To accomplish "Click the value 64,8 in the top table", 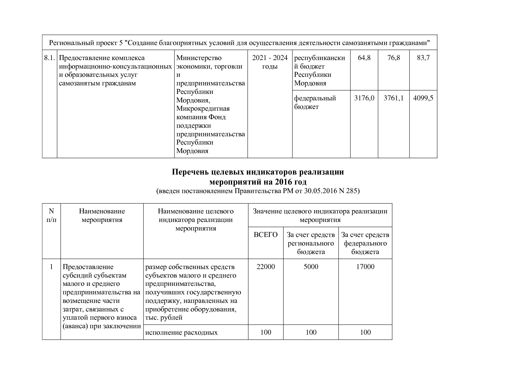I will tap(364, 58).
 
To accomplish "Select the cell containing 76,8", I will tap(394, 58).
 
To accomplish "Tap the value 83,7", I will tap(423, 58).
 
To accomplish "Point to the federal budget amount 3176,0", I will tap(364, 98).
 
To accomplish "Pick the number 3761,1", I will tap(394, 98).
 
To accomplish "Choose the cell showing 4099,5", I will tap(423, 98).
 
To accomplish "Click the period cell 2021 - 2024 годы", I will tap(270, 62).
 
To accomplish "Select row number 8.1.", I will tap(49, 58).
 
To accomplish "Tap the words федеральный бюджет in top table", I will tap(315, 102).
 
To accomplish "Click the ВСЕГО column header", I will tap(266, 235).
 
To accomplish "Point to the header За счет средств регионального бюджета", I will tap(311, 243).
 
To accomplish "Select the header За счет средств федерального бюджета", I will tap(365, 243).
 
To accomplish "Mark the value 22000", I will tap(266, 267).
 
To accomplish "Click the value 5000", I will tap(311, 267).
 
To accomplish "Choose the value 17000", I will tap(365, 267).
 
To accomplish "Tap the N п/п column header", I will tap(51, 215).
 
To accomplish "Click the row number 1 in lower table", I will tap(51, 267).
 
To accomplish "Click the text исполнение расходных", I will tap(182, 333).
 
